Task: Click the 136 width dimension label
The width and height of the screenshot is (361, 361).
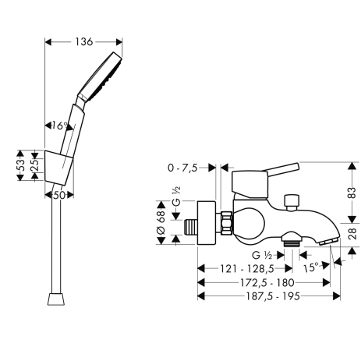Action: click(83, 41)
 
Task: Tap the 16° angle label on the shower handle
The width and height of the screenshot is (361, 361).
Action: click(59, 126)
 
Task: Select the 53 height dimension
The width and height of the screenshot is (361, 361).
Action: click(22, 165)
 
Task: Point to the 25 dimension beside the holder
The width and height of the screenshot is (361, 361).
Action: click(36, 165)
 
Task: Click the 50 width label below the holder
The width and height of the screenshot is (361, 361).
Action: click(59, 196)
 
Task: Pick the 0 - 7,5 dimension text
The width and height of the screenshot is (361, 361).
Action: click(182, 168)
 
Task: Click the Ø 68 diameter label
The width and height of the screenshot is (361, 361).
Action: click(161, 222)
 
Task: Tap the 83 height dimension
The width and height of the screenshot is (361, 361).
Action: click(352, 193)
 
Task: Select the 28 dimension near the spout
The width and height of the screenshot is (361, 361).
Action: click(352, 234)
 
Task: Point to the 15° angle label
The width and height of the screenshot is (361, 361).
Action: click(311, 267)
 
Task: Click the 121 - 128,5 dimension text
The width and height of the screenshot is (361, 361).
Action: click(247, 269)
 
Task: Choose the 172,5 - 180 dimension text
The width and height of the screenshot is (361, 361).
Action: click(267, 282)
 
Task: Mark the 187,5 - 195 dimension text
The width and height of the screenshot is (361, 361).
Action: click(273, 296)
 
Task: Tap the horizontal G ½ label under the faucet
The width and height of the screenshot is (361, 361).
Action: click(262, 256)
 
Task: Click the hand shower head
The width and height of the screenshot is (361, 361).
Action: click(101, 76)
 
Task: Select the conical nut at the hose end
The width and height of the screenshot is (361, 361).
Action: click(56, 299)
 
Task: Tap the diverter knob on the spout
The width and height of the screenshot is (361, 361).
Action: click(292, 202)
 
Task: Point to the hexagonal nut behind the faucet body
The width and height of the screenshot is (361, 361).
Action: click(226, 223)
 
